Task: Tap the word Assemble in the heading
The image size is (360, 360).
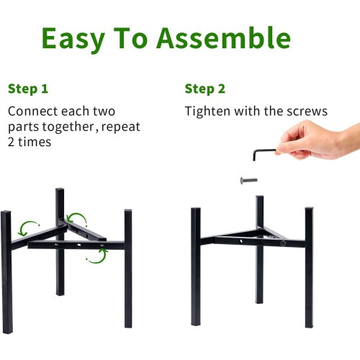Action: click(223, 38)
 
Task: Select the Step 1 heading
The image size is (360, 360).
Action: click(28, 89)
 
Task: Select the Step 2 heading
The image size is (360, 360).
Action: click(205, 89)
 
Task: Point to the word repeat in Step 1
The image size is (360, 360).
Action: click(121, 127)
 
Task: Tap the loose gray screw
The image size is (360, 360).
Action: click(249, 180)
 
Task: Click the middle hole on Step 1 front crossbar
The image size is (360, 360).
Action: click(78, 246)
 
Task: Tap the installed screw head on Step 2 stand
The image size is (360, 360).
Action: click(283, 243)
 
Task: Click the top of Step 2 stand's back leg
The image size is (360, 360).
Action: click(260, 197)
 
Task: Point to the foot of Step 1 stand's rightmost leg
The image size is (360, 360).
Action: click(128, 325)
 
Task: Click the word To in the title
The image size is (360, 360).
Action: click(130, 38)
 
